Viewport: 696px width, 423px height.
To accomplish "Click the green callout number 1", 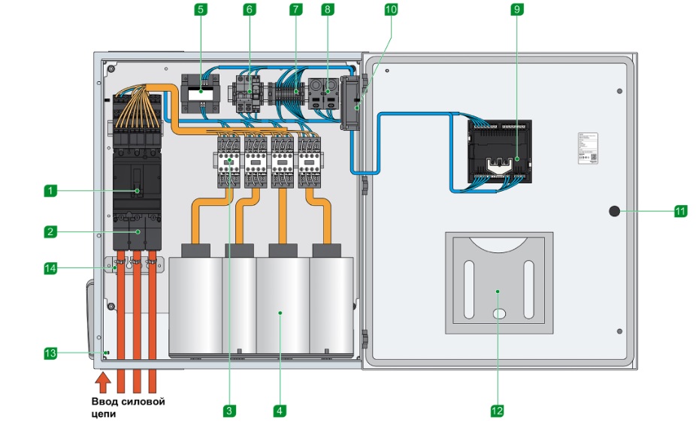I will coord(50,192).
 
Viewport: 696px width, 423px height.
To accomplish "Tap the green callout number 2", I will coord(50,232).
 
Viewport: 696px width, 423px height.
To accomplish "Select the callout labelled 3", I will coord(229,410).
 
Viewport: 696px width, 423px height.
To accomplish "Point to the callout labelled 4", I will coord(279,410).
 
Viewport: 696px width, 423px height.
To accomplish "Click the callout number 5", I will coord(200,10).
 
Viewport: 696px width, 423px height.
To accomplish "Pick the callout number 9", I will coord(516,10).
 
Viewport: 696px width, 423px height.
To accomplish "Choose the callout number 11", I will coord(680,212).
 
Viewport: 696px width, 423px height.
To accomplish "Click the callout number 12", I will coord(497,410).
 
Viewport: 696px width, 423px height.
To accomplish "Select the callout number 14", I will coord(50,267).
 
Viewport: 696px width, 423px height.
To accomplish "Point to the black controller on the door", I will coord(499,153).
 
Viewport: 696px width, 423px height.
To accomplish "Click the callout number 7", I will coord(296,10).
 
